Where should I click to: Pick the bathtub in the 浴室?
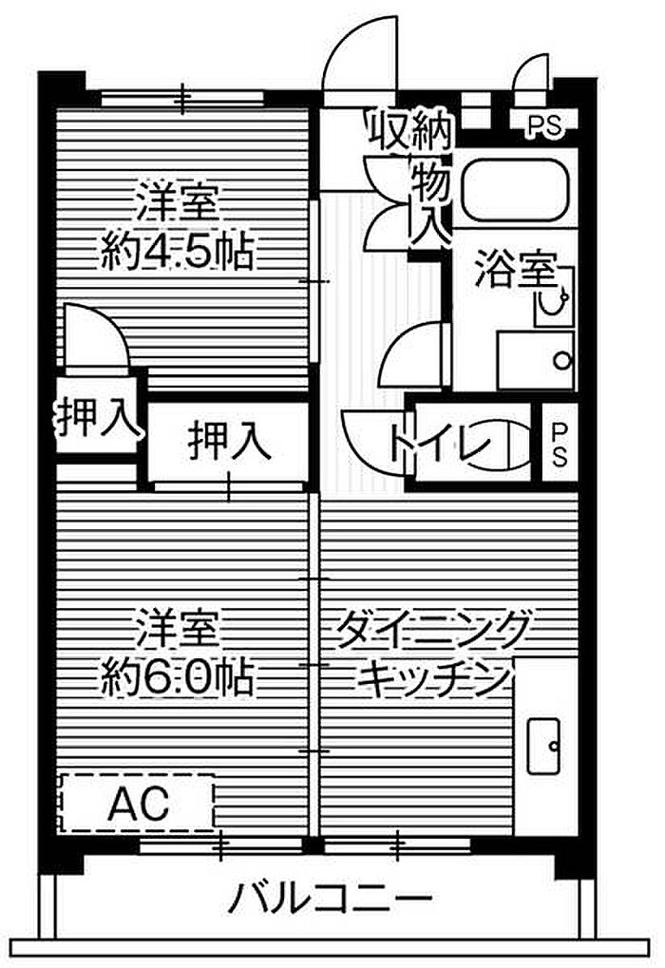tap(516, 188)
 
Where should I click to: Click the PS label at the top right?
tap(543, 125)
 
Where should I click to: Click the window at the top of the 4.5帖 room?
tap(182, 96)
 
